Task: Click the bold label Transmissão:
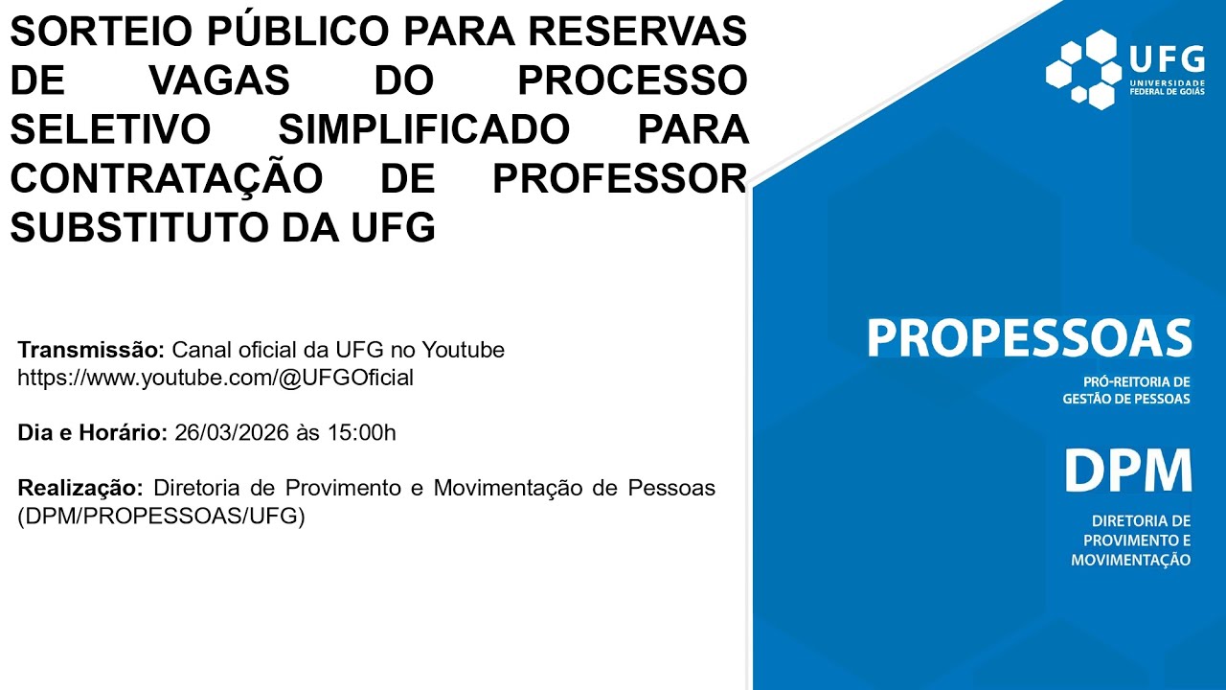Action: click(x=92, y=350)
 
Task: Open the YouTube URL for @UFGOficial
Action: click(x=216, y=378)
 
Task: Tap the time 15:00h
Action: click(x=361, y=433)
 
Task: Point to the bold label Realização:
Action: click(x=81, y=488)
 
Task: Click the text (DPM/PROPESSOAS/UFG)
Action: click(x=161, y=516)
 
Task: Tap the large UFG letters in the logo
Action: click(x=1166, y=58)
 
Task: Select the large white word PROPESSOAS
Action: click(x=1029, y=338)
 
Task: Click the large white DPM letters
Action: click(x=1127, y=471)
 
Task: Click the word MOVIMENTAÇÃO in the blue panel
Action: click(x=1130, y=560)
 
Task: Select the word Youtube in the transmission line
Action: click(x=464, y=350)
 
